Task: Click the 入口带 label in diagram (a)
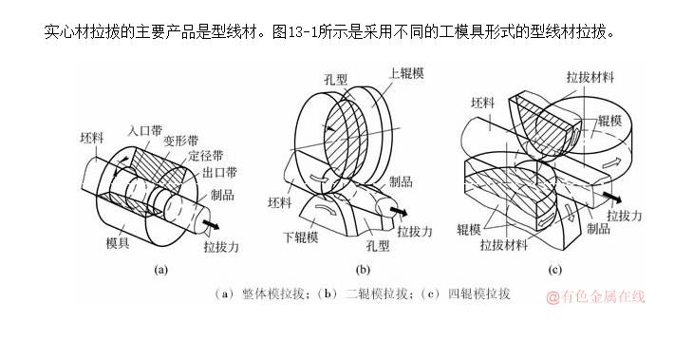point(145,131)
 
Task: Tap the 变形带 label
point(180,142)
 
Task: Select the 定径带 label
point(205,156)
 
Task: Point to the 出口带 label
point(219,173)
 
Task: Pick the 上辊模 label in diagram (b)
point(406,73)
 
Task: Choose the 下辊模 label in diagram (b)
point(301,237)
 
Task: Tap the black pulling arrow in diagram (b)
point(399,211)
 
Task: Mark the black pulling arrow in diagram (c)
point(612,197)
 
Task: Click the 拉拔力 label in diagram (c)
point(624,216)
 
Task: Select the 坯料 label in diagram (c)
point(482,103)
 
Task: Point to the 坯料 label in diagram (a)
point(92,138)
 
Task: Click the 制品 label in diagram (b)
point(401,181)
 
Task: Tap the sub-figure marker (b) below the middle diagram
point(363,270)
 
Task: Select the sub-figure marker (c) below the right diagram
point(554,270)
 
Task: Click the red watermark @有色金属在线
point(595,296)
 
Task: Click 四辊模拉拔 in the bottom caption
point(479,294)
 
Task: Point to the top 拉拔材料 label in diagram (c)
point(590,77)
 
